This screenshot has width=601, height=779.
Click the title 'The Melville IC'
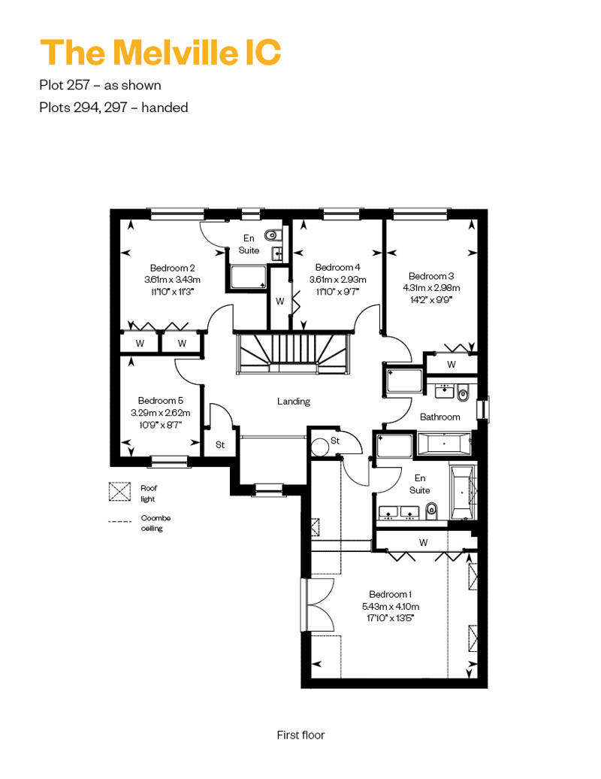[160, 52]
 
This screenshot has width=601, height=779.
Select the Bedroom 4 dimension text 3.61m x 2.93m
[337, 280]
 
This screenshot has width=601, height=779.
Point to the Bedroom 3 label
[430, 276]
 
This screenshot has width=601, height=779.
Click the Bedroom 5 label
[160, 401]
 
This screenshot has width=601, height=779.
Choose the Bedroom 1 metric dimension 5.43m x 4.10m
[391, 607]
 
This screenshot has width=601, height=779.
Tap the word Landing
[294, 402]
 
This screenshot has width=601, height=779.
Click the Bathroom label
[439, 417]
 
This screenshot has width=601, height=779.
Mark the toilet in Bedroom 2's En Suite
[272, 235]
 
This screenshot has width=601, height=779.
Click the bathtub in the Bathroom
[444, 444]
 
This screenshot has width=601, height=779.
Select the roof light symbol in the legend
[119, 492]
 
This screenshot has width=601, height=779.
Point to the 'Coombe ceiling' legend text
[156, 523]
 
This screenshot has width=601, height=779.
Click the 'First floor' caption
[300, 735]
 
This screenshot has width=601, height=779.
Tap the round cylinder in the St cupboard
[319, 445]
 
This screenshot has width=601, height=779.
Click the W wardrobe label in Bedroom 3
[451, 365]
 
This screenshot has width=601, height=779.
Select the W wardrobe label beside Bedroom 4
[280, 302]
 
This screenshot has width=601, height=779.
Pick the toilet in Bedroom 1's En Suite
[432, 510]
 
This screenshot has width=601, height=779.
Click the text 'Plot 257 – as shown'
[100, 85]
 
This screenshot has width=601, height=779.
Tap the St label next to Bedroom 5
[220, 445]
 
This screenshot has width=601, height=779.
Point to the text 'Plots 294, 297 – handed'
[113, 108]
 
